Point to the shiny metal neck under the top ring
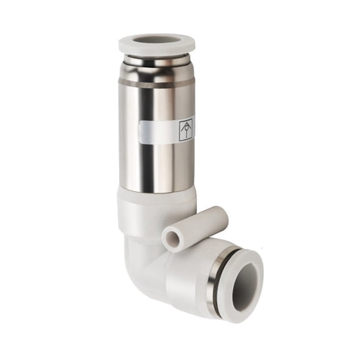point(157,61)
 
